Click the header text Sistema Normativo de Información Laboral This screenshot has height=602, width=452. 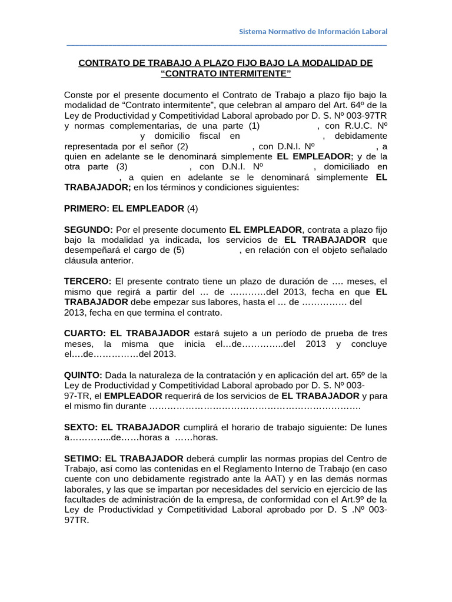313,31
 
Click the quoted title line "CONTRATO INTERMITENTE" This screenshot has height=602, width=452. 225,73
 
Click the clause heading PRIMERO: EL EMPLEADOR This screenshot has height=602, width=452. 124,208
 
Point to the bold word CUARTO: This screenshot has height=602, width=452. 85,333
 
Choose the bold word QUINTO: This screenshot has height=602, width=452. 83,375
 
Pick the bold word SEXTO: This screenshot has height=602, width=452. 81,426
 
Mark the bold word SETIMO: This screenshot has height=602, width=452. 82,458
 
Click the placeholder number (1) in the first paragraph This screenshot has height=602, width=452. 254,125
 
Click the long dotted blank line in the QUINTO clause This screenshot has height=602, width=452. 255,406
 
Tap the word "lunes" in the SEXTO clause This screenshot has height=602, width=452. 375,426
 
